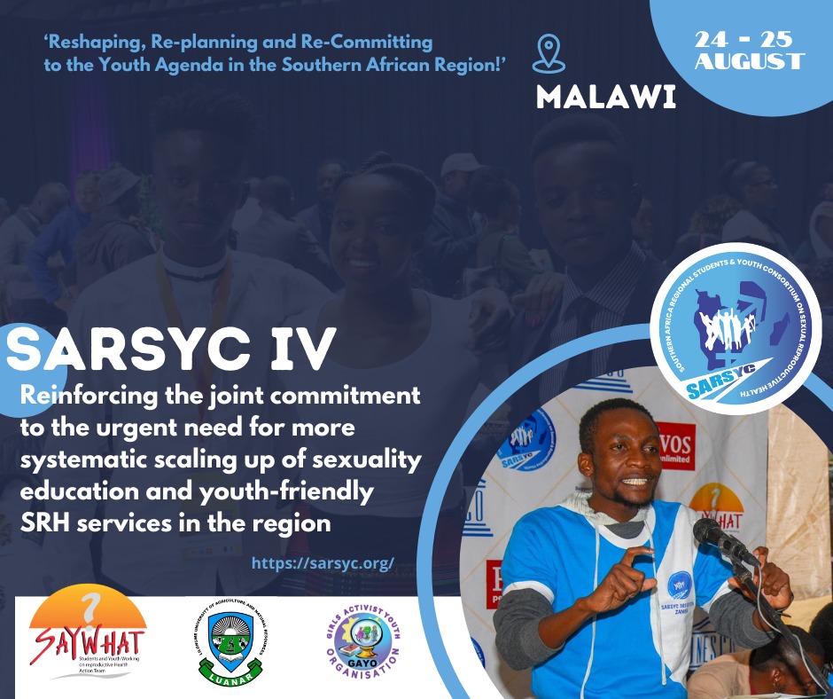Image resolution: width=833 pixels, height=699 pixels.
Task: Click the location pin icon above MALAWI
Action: click(x=549, y=53)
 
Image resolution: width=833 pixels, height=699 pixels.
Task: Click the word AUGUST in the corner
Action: click(x=750, y=62)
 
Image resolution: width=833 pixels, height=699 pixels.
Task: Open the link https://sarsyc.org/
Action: click(x=323, y=563)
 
